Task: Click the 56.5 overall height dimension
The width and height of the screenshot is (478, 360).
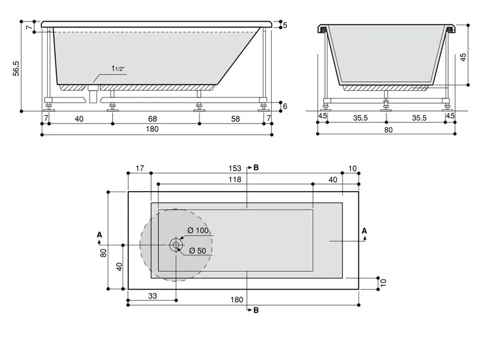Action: tap(16, 69)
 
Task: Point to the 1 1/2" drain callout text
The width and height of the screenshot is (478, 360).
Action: tap(118, 69)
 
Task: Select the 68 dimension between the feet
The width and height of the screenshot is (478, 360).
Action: tap(152, 119)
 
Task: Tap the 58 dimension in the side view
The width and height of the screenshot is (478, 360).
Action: tap(235, 119)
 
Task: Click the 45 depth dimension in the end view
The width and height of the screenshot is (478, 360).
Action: tap(463, 57)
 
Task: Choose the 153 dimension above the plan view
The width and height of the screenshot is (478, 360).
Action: tap(235, 168)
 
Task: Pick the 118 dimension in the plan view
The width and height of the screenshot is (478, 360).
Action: tap(235, 180)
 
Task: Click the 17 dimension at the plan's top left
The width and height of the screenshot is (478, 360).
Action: tap(140, 168)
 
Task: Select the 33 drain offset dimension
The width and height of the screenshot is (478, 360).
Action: tap(152, 296)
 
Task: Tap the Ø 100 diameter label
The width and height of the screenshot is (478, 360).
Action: tap(198, 230)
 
